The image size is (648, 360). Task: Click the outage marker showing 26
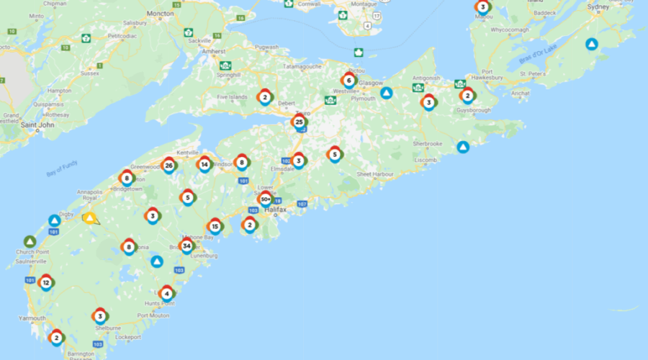(168, 166)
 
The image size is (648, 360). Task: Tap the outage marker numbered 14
(204, 164)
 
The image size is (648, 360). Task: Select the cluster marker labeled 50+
(266, 199)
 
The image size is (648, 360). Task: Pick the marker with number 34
(187, 246)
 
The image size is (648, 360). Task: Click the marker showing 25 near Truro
(299, 122)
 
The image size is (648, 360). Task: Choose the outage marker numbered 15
(215, 226)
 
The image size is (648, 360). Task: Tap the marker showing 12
(46, 283)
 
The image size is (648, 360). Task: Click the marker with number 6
(349, 80)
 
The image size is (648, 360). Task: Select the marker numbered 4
(167, 293)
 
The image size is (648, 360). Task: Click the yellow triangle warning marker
(90, 217)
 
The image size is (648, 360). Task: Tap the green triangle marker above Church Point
(30, 241)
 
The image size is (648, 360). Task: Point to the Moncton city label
(159, 14)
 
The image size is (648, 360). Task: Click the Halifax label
(275, 210)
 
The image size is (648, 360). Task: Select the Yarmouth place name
(32, 318)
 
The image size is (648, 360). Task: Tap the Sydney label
(598, 6)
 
